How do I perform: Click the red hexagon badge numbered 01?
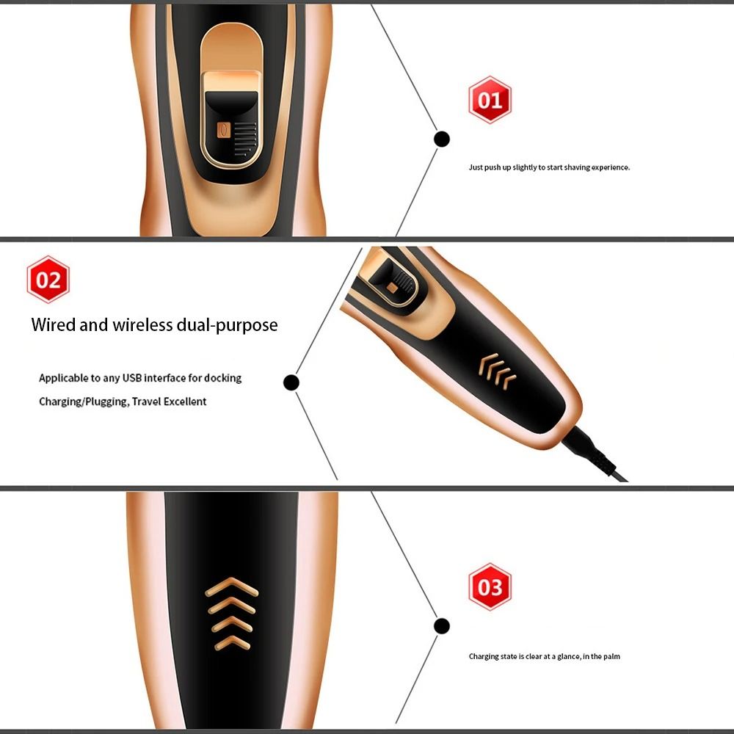coord(490,99)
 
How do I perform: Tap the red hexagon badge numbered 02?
coord(48,280)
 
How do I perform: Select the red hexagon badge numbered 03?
coord(490,587)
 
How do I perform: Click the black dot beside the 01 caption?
coord(442,139)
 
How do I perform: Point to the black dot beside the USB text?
coord(291,382)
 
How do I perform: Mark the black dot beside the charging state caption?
coord(441,626)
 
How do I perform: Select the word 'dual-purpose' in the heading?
coord(228,324)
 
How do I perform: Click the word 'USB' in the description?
coord(130,378)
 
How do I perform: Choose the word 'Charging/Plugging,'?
coord(84,401)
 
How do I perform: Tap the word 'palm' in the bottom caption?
coord(611,656)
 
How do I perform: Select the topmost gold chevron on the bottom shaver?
coord(231,586)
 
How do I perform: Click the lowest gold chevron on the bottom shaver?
coord(231,643)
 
